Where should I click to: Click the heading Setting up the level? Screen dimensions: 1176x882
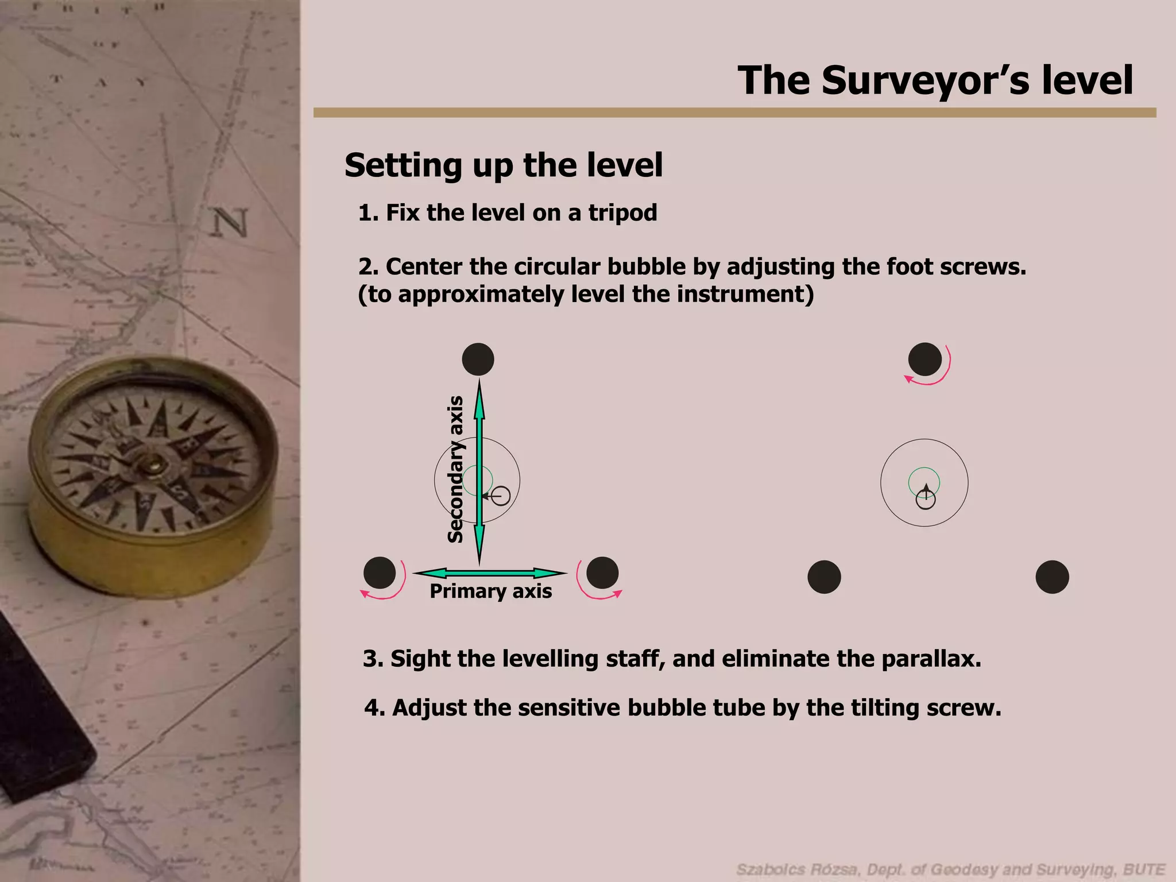tap(504, 165)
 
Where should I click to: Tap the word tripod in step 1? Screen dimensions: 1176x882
tap(622, 213)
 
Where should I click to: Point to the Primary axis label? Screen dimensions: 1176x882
tap(491, 591)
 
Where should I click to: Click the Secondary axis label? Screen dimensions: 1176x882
tap(456, 469)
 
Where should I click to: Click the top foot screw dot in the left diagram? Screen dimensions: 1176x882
tap(478, 359)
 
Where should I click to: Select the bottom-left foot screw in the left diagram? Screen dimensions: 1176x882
tap(380, 573)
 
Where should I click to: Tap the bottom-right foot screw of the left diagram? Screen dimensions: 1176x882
tap(602, 572)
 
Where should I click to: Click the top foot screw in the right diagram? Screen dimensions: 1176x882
tap(924, 359)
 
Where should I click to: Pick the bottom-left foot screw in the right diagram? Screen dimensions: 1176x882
tap(824, 577)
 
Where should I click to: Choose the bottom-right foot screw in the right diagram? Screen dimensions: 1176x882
tap(1052, 577)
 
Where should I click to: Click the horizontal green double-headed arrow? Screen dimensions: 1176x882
tap(490, 573)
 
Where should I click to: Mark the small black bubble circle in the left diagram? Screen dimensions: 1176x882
tap(501, 496)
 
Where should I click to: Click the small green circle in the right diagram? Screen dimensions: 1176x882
tap(924, 482)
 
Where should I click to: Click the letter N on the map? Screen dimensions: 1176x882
tap(231, 223)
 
